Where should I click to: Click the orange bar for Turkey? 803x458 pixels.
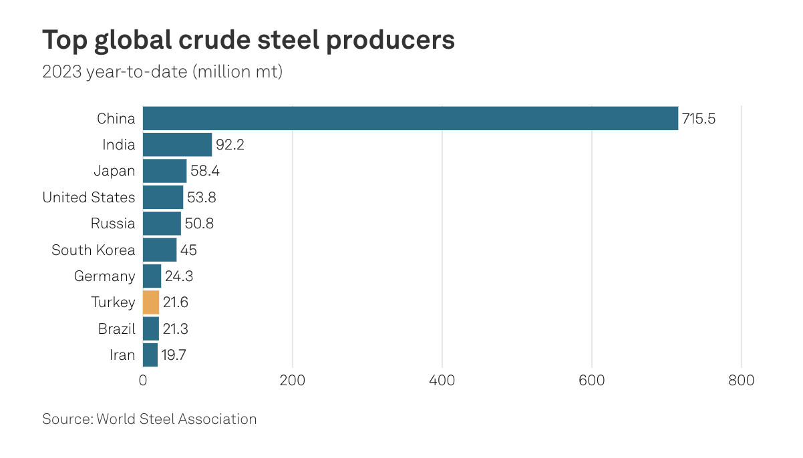151,302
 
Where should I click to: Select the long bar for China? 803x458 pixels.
410,119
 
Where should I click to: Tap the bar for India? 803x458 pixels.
177,145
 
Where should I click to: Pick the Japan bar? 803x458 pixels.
164,171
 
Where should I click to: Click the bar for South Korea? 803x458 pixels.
160,250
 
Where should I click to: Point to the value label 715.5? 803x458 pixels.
698,119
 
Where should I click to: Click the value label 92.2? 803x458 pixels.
230,145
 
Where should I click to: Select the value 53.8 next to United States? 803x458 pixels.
201,198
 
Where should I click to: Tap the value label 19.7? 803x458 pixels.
173,355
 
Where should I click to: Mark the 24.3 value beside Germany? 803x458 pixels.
178,276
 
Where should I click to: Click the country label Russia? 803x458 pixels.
113,224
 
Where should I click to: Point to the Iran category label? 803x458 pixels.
122,355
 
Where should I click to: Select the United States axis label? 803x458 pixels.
89,198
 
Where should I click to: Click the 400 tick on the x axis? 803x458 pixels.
442,381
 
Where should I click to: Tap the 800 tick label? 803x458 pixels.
741,381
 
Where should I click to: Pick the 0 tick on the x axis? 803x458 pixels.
143,381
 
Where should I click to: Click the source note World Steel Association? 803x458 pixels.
176,419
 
